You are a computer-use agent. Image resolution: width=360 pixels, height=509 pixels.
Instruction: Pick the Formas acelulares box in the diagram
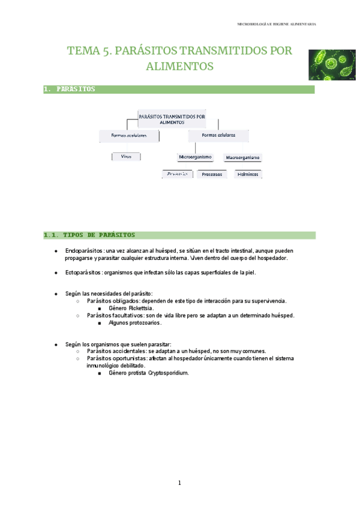[x=129, y=136]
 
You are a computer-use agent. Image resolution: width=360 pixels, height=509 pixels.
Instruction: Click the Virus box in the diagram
[x=126, y=156]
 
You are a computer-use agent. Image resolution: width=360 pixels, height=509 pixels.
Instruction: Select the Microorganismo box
[x=195, y=157]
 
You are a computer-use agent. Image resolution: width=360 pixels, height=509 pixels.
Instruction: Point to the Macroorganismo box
[x=242, y=158]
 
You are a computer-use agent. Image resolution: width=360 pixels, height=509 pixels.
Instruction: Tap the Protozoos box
[x=212, y=174]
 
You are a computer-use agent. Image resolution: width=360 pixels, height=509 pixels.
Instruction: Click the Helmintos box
[x=248, y=174]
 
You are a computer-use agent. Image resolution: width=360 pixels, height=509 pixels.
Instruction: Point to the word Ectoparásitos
[x=83, y=273]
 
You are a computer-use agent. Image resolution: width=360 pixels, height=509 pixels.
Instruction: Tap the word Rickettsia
[x=141, y=308]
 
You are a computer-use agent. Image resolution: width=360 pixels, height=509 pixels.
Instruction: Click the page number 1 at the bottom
[x=179, y=483]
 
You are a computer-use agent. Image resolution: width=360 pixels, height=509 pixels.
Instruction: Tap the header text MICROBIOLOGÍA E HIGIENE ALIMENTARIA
[x=277, y=24]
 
